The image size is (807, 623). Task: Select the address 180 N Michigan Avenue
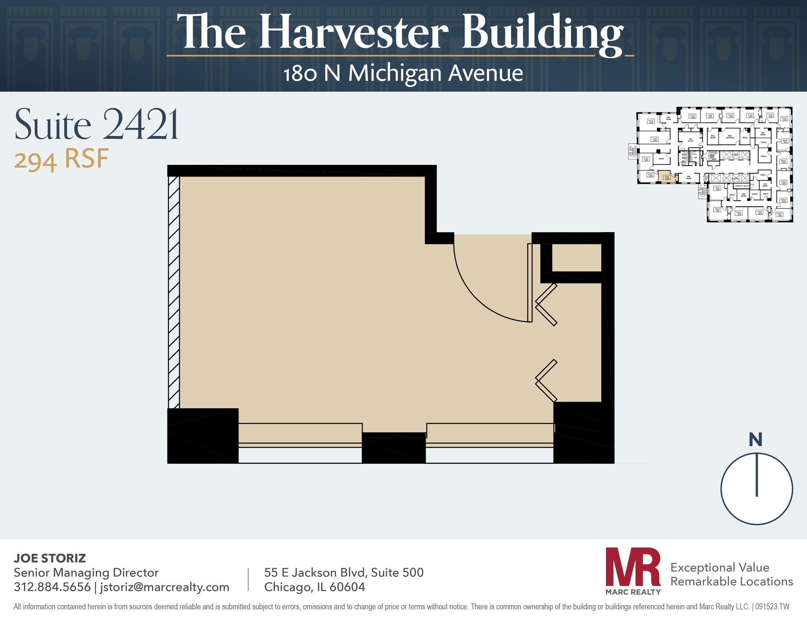pyautogui.click(x=403, y=73)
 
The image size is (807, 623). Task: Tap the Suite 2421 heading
pyautogui.click(x=97, y=125)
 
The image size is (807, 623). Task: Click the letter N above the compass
pyautogui.click(x=755, y=440)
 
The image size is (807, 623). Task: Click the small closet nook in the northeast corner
pyautogui.click(x=576, y=258)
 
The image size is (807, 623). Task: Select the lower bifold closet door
pyautogui.click(x=546, y=380)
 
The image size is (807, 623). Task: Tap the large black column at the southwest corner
pyautogui.click(x=203, y=436)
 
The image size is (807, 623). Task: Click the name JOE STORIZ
pyautogui.click(x=50, y=558)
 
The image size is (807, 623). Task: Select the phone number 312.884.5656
pyautogui.click(x=52, y=587)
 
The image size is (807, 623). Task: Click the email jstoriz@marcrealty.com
pyautogui.click(x=165, y=587)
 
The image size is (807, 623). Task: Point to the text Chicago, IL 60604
pyautogui.click(x=314, y=587)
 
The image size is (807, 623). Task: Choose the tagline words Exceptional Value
pyautogui.click(x=720, y=568)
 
